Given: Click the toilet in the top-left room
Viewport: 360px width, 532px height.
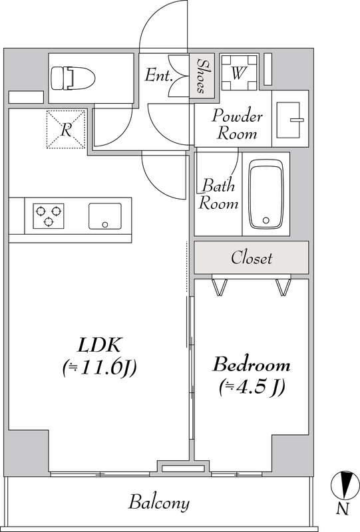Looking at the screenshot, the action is tap(73, 78).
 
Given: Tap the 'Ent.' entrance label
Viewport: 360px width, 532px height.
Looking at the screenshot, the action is tap(158, 75).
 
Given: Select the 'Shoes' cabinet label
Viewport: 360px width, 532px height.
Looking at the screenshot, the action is tap(202, 76).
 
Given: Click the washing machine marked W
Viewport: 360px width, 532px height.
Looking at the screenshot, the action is tap(239, 72).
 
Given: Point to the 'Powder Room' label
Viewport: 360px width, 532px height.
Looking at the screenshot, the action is tap(237, 124).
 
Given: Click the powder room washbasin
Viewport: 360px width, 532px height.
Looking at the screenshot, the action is tap(289, 120).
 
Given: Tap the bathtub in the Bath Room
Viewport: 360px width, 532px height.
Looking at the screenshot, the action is tap(266, 194).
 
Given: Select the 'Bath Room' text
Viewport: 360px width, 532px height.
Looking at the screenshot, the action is tap(218, 194).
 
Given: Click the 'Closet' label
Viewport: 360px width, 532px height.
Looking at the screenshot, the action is tap(252, 258).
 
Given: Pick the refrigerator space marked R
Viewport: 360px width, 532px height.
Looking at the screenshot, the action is tap(66, 129).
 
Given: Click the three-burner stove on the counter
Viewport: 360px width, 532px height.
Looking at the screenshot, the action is tap(49, 215).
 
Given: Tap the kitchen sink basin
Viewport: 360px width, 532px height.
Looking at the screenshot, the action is tap(105, 216).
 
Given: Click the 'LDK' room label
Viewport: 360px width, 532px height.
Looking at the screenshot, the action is tap(99, 345).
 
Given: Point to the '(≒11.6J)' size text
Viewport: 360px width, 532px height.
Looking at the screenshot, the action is tap(100, 368).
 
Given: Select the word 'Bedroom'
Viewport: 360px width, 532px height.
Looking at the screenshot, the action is tap(252, 364).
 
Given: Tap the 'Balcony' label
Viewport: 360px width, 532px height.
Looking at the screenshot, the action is tap(158, 503).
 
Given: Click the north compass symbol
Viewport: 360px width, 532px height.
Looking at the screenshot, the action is tap(345, 485).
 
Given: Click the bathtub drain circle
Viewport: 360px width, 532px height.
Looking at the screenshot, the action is tap(266, 221).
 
